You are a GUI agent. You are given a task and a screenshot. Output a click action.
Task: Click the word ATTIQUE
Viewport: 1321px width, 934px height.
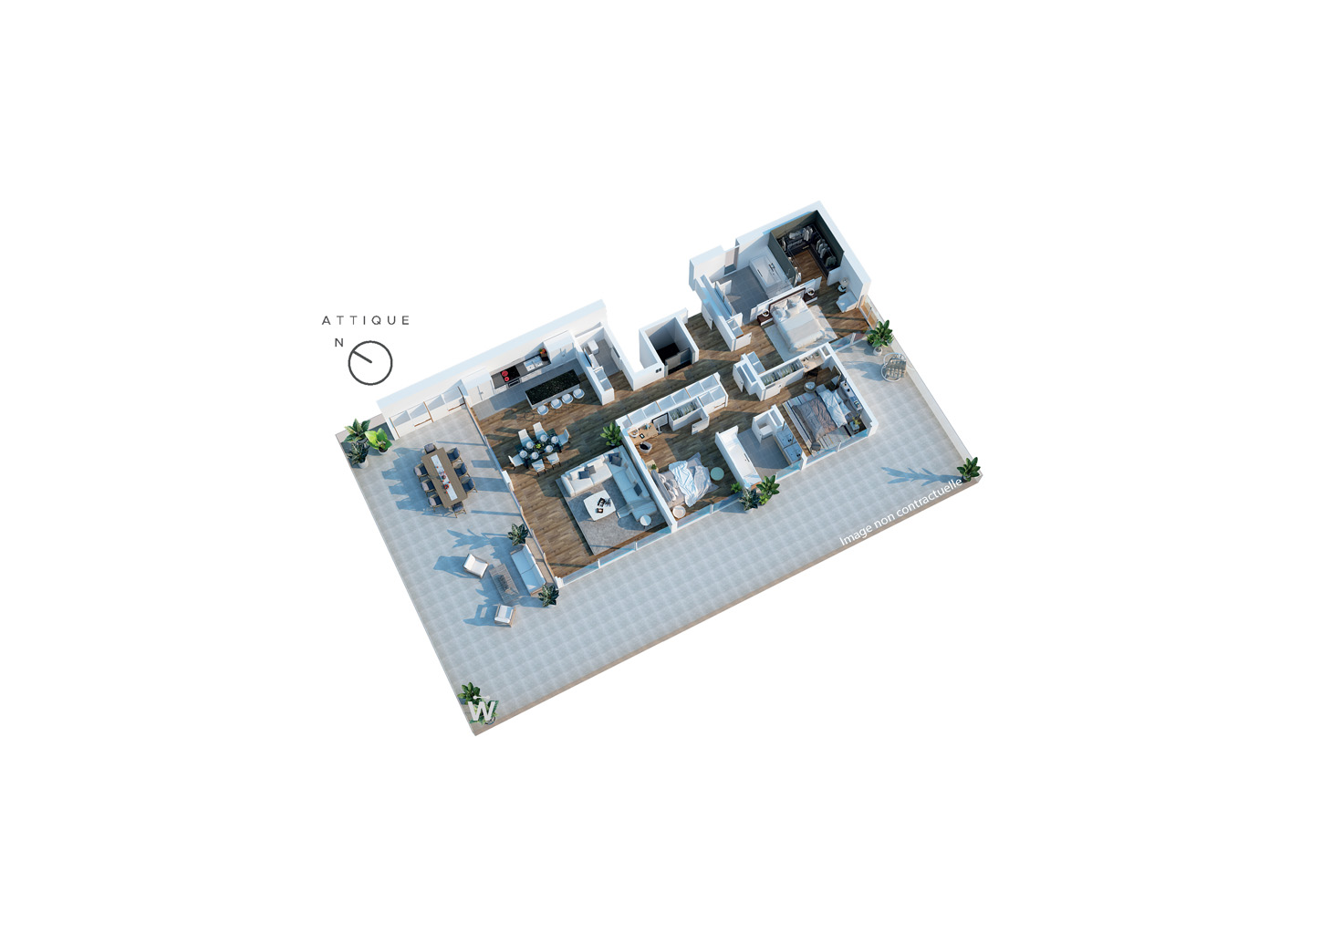366,320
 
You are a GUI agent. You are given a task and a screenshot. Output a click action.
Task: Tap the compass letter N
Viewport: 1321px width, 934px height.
339,343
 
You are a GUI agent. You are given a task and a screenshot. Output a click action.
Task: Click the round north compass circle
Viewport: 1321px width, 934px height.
370,363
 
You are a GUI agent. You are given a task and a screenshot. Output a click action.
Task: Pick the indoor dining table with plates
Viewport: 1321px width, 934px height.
539,446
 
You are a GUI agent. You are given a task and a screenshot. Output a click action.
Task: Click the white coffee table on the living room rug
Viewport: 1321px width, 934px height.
600,505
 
